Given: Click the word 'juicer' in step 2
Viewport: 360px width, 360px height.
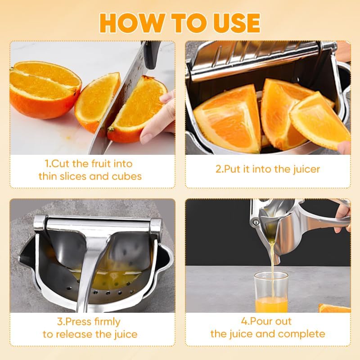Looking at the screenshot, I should [304, 169].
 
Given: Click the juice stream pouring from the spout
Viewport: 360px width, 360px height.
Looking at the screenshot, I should [273, 265].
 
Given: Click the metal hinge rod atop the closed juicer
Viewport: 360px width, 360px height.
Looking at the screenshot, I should [97, 221].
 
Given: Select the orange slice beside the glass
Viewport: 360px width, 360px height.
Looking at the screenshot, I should [334, 308].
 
